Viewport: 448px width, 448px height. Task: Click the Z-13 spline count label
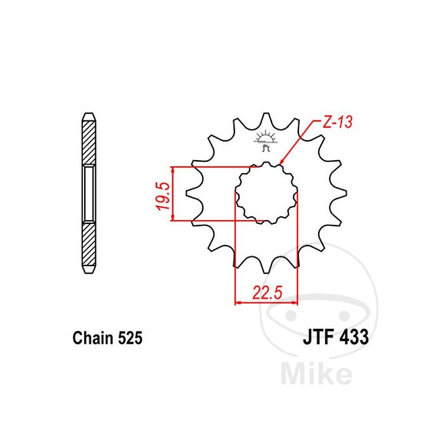coord(337,123)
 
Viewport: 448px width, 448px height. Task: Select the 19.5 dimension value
coord(162,194)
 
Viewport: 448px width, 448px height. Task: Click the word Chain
coord(93,339)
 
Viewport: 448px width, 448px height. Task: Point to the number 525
coord(130,339)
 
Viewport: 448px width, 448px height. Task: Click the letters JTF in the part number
coord(318,338)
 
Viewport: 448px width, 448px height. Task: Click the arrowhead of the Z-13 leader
coord(282,162)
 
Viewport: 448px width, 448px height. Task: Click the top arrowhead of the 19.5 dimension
coord(174,170)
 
